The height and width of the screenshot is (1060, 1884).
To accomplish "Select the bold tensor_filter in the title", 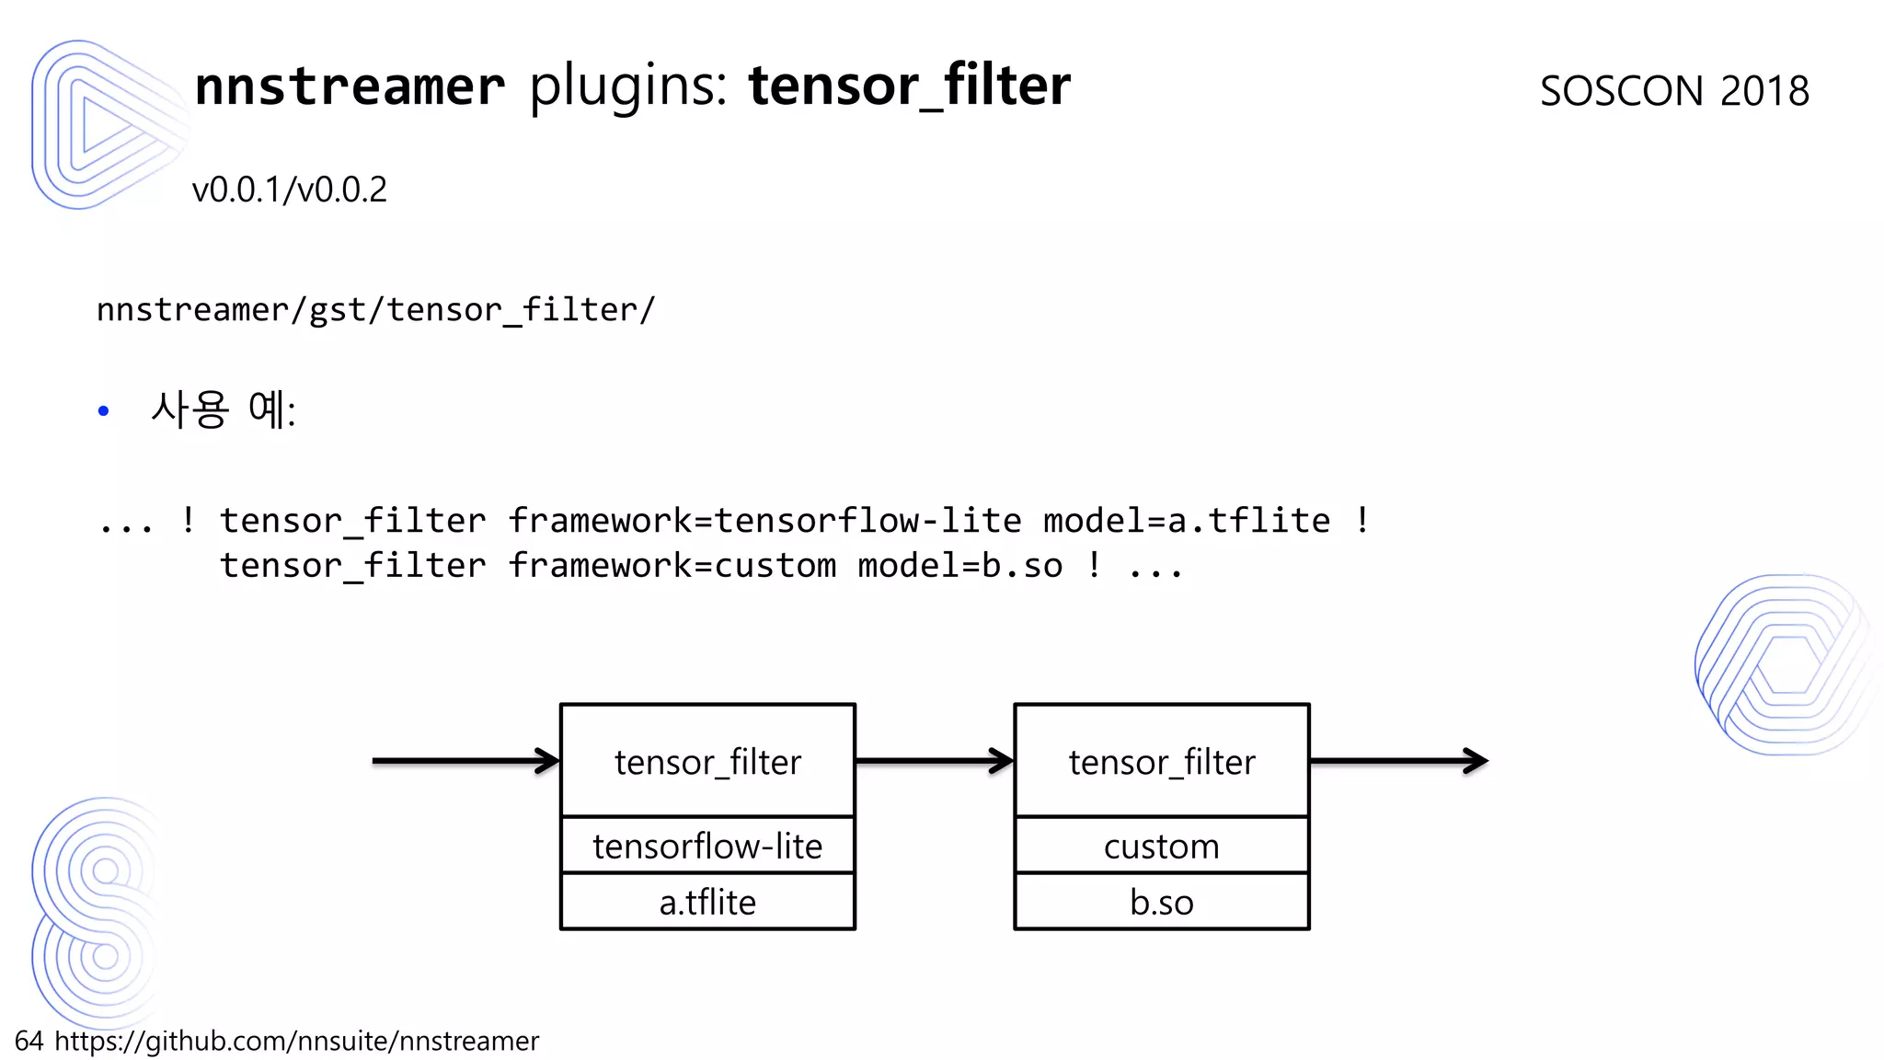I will (909, 86).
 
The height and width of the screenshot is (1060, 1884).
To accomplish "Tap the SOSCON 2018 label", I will (1674, 91).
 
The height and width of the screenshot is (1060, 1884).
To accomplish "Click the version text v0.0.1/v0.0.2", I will (289, 190).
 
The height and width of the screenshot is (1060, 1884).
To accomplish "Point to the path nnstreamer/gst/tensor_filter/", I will (375, 310).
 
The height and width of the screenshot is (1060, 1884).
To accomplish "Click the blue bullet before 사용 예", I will (103, 411).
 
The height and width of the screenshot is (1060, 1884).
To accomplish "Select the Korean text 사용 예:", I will (224, 409).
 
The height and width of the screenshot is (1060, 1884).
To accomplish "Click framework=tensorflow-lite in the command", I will (764, 521).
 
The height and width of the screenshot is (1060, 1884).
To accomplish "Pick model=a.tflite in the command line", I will (1186, 521).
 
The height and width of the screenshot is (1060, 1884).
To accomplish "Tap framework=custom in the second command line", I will (672, 566).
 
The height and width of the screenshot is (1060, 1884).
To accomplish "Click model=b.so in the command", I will (959, 566).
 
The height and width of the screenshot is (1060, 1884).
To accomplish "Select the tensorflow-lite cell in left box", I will (707, 846).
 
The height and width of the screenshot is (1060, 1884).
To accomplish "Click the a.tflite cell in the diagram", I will (707, 902).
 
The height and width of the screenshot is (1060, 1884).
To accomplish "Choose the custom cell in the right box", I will (1161, 846).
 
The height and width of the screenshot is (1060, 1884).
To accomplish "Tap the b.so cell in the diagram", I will (1161, 902).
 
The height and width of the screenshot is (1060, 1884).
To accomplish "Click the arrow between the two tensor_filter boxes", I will (934, 761).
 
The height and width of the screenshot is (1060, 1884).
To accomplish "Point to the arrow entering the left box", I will (465, 761).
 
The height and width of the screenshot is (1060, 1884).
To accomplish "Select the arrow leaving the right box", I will (1398, 761).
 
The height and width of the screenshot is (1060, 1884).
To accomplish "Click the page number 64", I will (29, 1041).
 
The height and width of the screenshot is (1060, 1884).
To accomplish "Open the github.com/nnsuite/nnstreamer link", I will (296, 1041).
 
